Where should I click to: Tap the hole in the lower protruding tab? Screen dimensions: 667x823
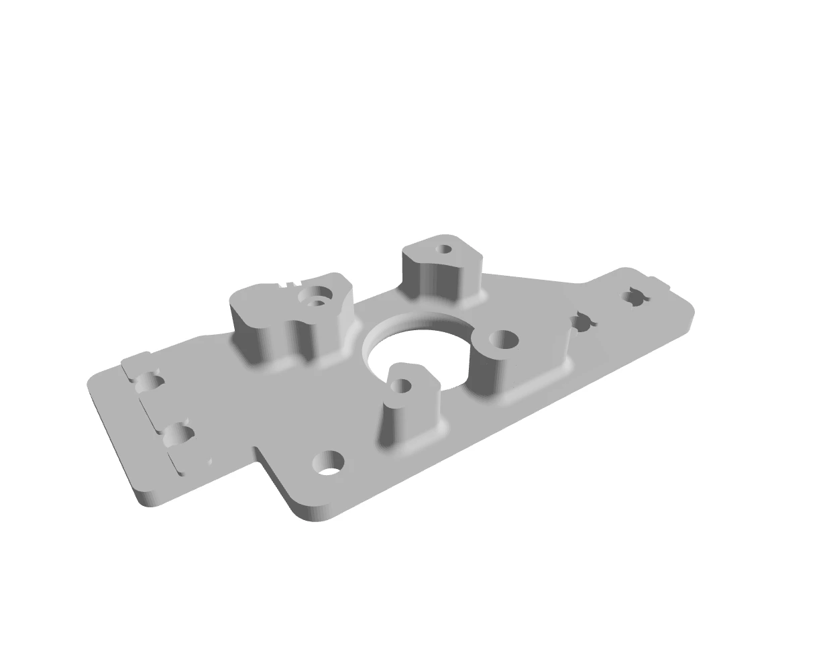(x=328, y=462)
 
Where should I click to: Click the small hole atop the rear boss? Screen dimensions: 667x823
(x=443, y=250)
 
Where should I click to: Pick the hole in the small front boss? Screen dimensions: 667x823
(x=402, y=386)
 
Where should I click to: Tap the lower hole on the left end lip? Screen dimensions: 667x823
(x=178, y=436)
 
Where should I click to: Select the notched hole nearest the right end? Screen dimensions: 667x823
(x=634, y=297)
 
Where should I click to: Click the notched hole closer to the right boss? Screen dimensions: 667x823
(x=583, y=323)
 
